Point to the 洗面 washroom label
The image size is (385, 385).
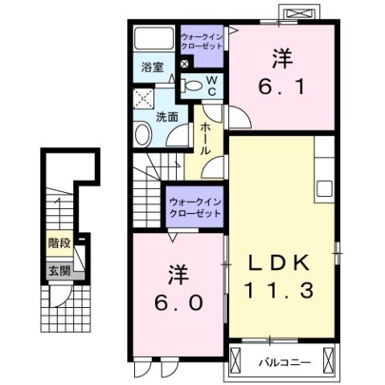coord(166,117)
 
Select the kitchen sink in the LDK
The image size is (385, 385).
coord(325,187)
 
